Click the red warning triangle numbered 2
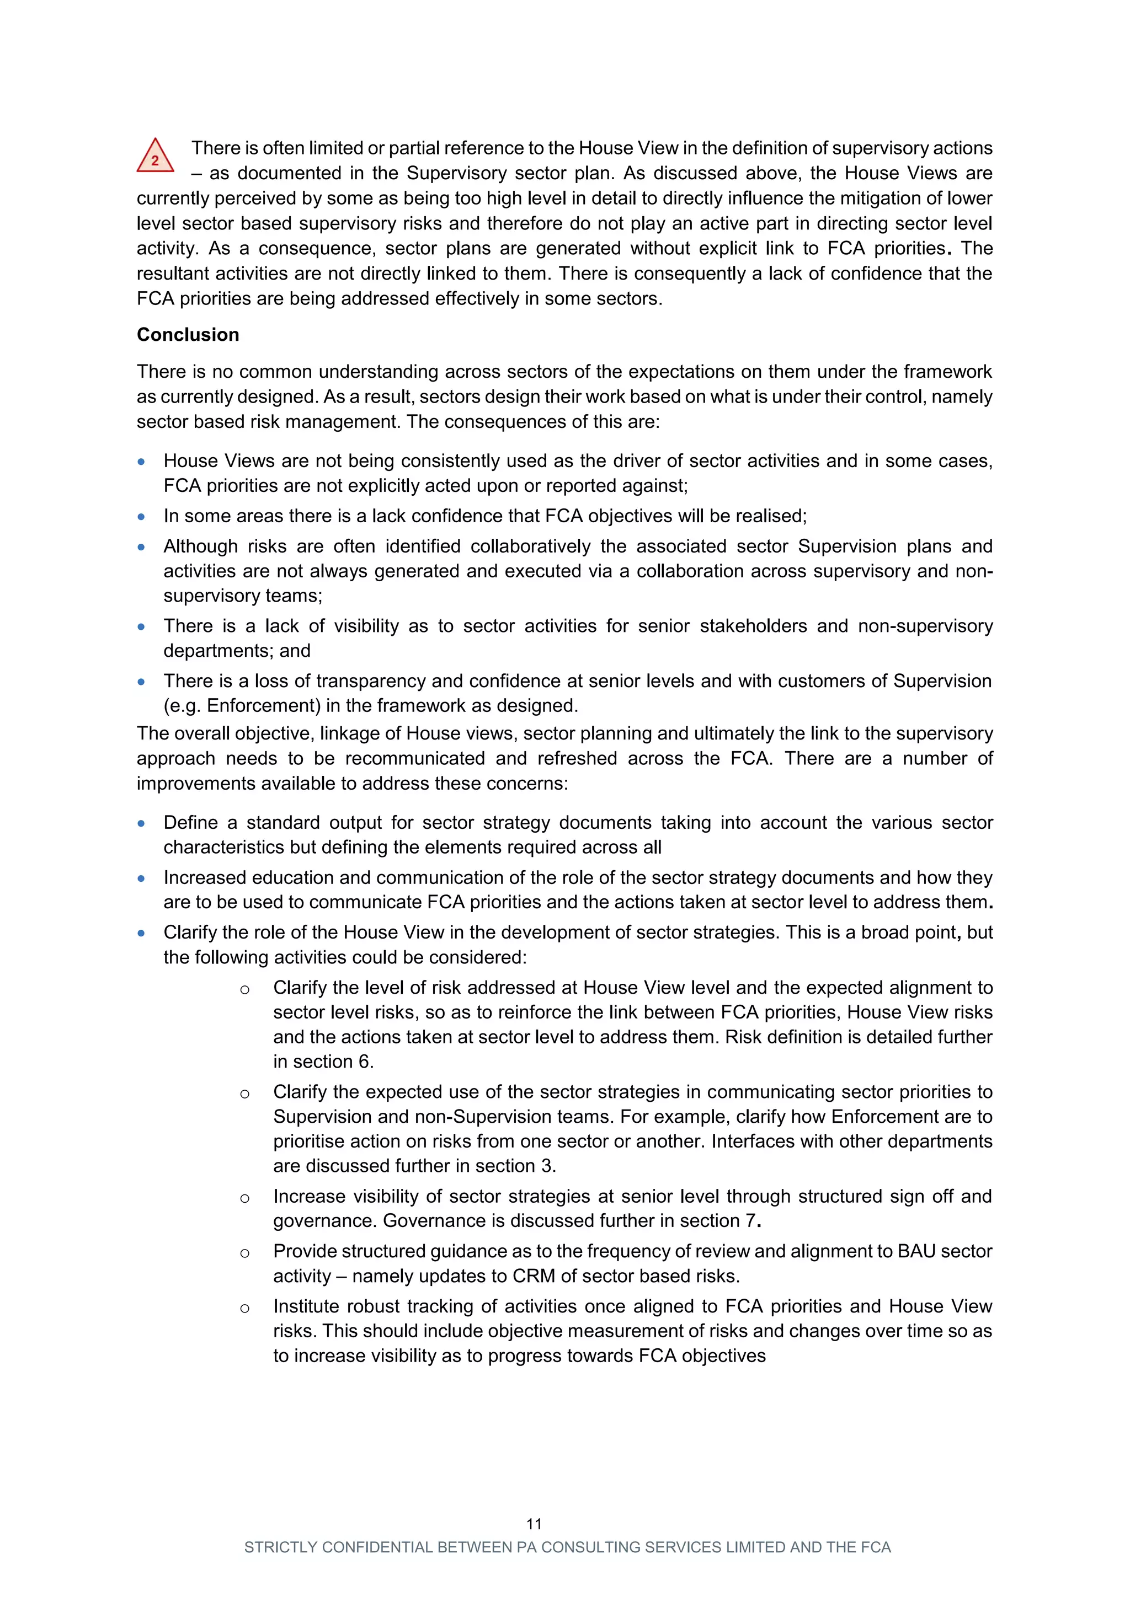tap(154, 157)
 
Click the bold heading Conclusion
tap(188, 335)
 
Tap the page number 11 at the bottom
tap(534, 1524)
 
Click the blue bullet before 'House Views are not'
tap(141, 462)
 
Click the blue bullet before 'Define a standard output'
tap(141, 823)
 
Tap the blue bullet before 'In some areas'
tap(141, 517)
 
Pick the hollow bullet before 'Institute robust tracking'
tap(244, 1309)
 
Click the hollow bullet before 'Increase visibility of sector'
tap(244, 1198)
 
